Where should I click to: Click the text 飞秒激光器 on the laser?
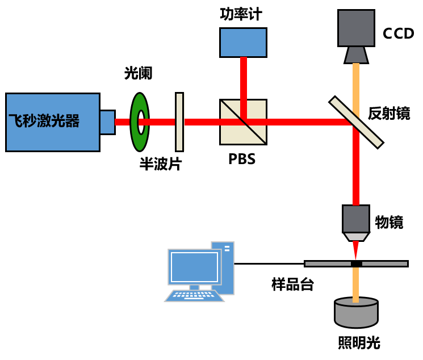[x=44, y=121]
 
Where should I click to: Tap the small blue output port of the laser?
[x=107, y=122]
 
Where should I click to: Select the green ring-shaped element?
[x=135, y=136]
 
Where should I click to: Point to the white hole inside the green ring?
[x=141, y=122]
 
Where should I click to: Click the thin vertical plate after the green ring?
[x=179, y=122]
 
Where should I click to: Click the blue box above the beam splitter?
[x=243, y=43]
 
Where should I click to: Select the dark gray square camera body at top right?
[x=356, y=28]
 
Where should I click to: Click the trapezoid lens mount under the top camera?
[x=356, y=55]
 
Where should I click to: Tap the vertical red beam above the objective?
[x=356, y=170]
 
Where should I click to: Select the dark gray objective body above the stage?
[x=356, y=219]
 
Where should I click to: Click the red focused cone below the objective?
[x=355, y=248]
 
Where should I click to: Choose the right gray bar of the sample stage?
[x=384, y=263]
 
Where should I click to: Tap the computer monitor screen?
[x=194, y=267]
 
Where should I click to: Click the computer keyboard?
[x=194, y=295]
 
